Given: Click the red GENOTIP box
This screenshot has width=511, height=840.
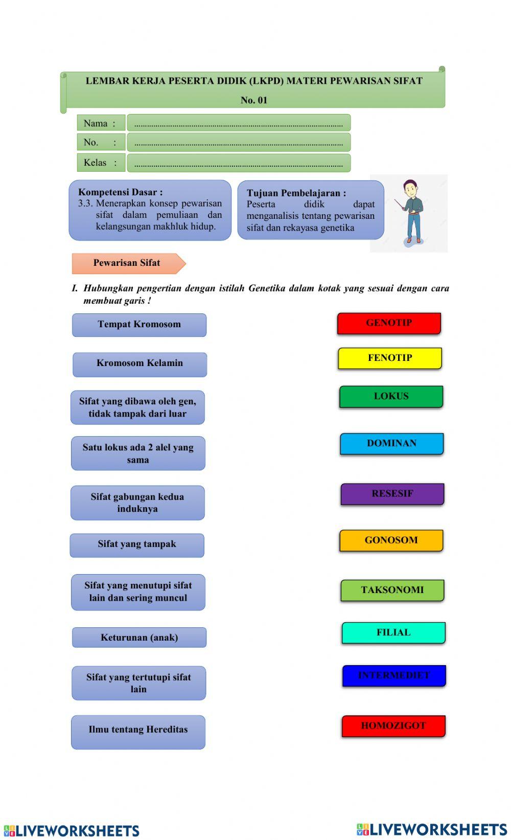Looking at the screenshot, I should click(x=389, y=323).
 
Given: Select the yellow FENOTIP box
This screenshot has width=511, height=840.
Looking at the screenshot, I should click(x=390, y=358).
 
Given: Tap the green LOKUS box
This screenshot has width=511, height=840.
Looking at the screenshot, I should click(x=391, y=397).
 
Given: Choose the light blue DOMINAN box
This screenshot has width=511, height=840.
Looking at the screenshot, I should click(x=392, y=444).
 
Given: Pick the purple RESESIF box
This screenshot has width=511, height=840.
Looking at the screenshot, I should click(x=392, y=494).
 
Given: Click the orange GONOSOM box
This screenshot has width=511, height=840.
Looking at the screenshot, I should click(x=391, y=540).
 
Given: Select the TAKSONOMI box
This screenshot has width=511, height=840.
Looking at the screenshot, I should click(x=392, y=590).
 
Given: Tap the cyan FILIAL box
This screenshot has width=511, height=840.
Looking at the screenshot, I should click(x=393, y=633).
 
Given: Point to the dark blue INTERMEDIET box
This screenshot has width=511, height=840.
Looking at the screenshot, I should click(x=394, y=676).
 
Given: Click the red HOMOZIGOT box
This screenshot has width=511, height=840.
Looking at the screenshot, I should click(x=393, y=726).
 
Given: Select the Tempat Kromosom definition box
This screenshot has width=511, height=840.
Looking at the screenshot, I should click(x=139, y=325).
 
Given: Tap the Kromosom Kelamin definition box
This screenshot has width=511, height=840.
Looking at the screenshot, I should click(x=140, y=364).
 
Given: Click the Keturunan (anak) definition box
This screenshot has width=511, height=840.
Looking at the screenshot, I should click(x=139, y=638).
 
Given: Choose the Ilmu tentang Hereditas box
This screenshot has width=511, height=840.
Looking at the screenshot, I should click(x=138, y=732).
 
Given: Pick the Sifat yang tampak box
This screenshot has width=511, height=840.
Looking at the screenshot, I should click(x=137, y=545).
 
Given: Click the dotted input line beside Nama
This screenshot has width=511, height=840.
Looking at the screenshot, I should click(x=239, y=123).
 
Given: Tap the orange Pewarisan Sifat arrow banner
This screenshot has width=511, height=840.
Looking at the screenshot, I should click(x=128, y=263).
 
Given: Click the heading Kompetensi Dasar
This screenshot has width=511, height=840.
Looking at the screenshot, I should click(x=121, y=192).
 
